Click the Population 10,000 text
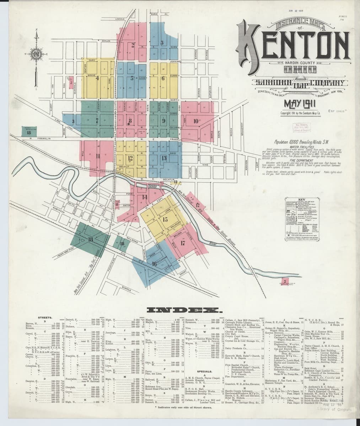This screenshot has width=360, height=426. pyautogui.click(x=300, y=141)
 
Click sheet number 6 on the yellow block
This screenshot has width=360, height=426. pyautogui.click(x=163, y=78)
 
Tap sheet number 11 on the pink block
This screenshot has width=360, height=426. pyautogui.click(x=97, y=155)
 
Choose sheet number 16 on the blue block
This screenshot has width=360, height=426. pyautogui.click(x=154, y=264)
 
